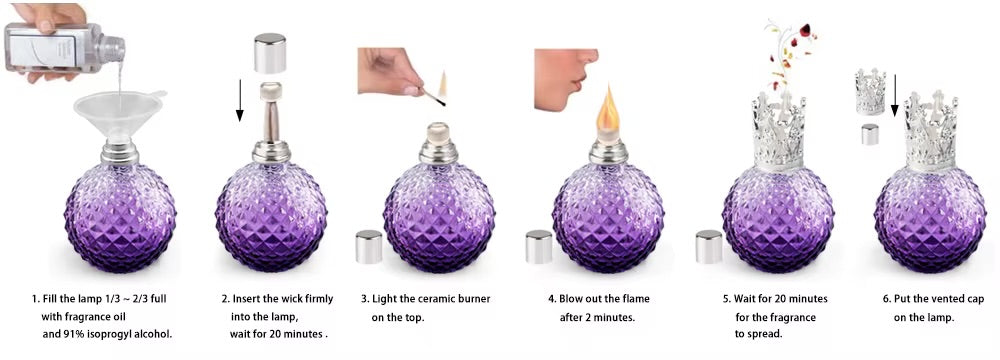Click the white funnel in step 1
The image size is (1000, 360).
tap(119, 115)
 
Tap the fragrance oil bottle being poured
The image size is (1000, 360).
tap(64, 47)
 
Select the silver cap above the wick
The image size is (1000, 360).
tap(270, 53)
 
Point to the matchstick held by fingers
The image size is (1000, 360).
tap(434, 98)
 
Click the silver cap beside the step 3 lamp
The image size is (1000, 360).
tap(369, 246)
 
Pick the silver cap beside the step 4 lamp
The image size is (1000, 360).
tap(539, 246)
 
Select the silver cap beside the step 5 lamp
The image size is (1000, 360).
tap(709, 246)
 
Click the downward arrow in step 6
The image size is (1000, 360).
tap(894, 96)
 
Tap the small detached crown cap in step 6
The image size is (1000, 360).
tap(871, 93)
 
